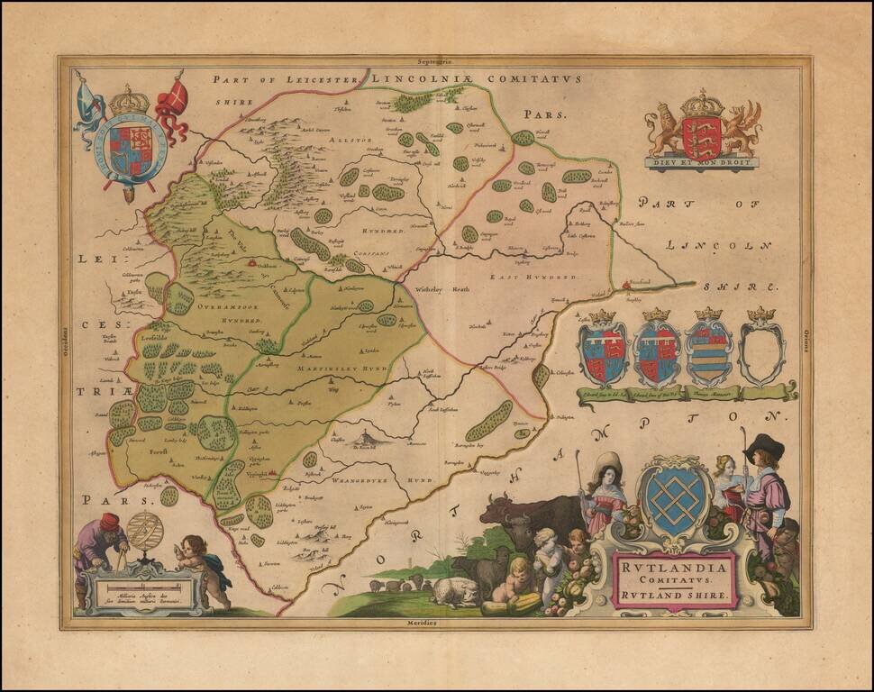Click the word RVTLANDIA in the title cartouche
pos(675,568)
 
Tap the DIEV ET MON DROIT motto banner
pos(701,163)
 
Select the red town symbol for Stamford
pos(627,286)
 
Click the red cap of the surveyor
pos(109,521)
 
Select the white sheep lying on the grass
pos(455,590)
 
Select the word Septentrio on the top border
pos(436,62)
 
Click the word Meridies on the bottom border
pos(436,623)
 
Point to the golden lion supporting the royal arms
pos(665,128)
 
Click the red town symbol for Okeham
pos(251,264)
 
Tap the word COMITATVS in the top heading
pos(533,79)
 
